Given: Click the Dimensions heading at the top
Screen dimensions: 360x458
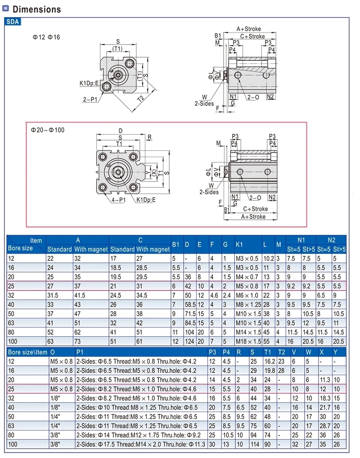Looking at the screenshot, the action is [x=37, y=9].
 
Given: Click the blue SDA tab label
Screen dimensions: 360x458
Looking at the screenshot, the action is [x=13, y=22].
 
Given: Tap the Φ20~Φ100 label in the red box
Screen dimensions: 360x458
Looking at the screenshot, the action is [x=48, y=130].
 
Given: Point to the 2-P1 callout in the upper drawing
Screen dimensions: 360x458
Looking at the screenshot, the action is [x=90, y=100].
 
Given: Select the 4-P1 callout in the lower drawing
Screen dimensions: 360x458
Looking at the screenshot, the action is [x=118, y=200].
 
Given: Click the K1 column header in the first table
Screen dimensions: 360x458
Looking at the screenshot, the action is [x=239, y=245].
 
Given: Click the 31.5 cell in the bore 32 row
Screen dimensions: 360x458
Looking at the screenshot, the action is [x=53, y=295].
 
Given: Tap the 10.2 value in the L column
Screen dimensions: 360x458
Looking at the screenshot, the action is [x=269, y=258].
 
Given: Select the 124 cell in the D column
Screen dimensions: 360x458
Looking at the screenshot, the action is [x=189, y=341].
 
